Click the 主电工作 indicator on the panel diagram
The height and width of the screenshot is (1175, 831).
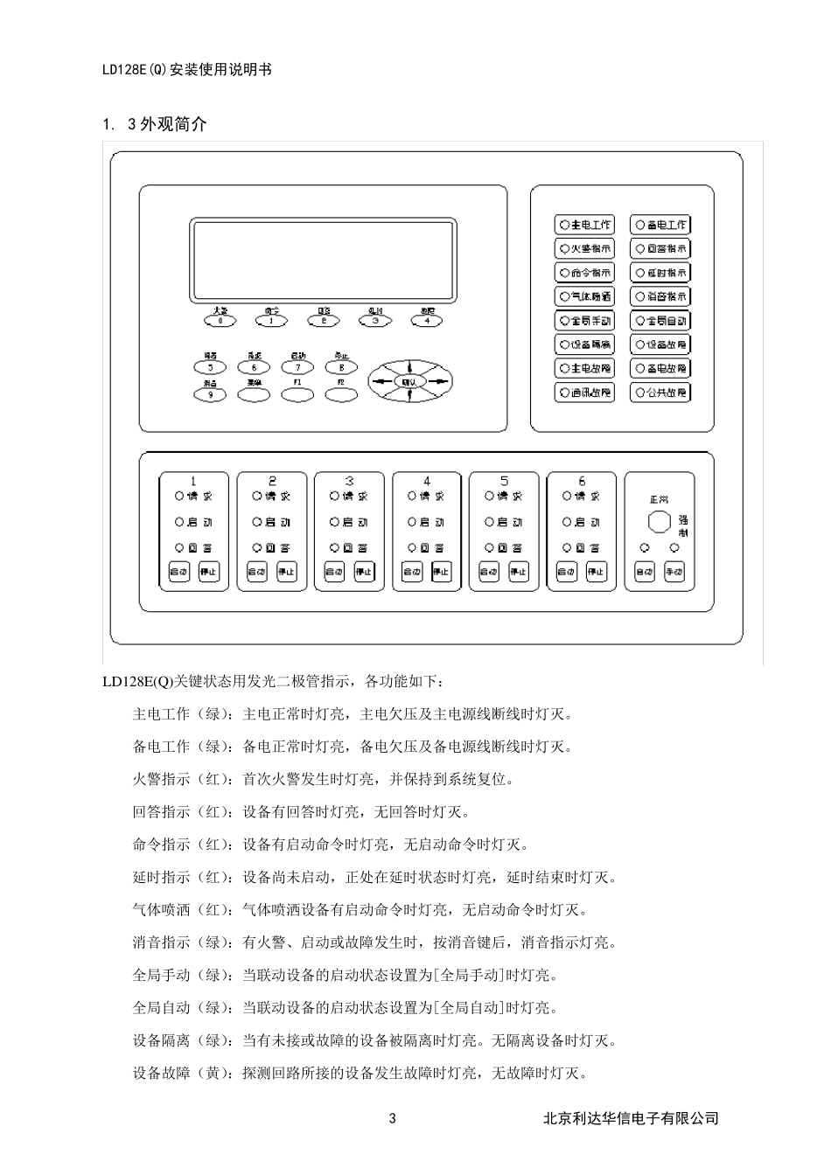pos(584,225)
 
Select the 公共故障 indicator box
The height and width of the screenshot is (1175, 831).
pos(660,393)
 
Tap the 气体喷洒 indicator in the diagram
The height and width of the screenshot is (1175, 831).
pos(584,296)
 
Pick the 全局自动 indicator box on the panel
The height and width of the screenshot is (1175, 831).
pos(660,321)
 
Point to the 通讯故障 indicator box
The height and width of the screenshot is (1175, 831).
pos(584,393)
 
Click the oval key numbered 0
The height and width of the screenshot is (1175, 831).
pos(220,321)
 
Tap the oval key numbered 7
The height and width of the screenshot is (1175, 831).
pos(297,368)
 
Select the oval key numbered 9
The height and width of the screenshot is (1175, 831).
pos(210,395)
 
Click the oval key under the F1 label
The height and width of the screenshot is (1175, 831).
pos(297,395)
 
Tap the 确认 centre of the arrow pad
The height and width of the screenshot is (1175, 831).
pos(409,381)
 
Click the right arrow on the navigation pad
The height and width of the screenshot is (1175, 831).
pos(443,381)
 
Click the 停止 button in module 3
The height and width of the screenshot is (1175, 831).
pos(364,573)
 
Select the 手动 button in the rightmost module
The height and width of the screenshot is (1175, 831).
pos(674,573)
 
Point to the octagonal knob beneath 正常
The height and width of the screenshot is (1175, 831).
pos(659,522)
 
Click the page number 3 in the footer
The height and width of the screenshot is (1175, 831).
pos(392,1118)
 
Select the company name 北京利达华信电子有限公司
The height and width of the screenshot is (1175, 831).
pos(631,1118)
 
